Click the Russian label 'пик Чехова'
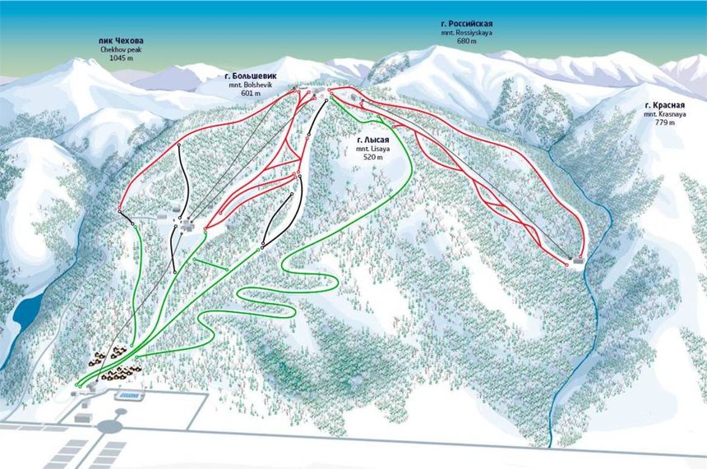tap(121, 40)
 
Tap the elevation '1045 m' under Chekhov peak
tap(121, 59)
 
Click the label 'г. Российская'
tap(467, 25)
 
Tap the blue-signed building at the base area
tap(128, 396)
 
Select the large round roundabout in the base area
tap(109, 427)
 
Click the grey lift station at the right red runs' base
tap(578, 262)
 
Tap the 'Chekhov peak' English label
tap(121, 50)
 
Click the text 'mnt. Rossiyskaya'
tap(467, 34)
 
